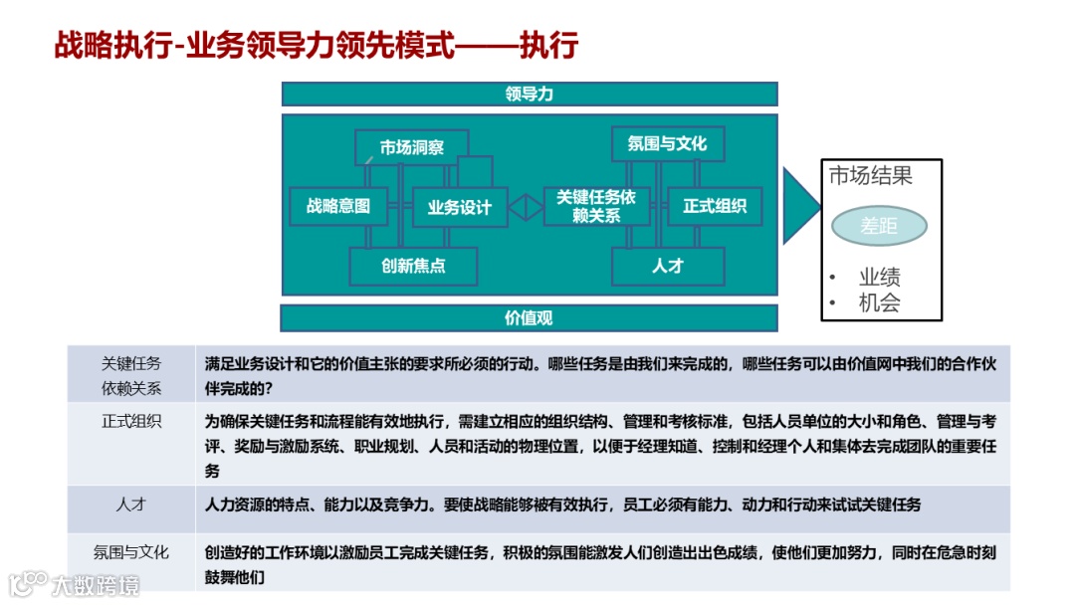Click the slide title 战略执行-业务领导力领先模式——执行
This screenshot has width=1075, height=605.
[316, 46]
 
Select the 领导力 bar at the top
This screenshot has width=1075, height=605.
[529, 94]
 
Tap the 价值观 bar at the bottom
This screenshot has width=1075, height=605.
[529, 318]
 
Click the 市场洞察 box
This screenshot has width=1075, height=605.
[411, 147]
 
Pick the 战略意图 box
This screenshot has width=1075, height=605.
[337, 206]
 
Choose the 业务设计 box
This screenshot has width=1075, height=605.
[459, 207]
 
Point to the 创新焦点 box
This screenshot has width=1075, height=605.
[413, 266]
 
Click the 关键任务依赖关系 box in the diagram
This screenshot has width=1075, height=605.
[596, 206]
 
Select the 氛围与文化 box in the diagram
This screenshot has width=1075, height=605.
[667, 143]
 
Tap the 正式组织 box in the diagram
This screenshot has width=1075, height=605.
[715, 206]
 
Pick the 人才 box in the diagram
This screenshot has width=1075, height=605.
[667, 266]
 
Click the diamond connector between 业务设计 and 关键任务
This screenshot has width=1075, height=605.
[526, 207]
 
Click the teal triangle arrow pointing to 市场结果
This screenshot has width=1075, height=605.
[799, 205]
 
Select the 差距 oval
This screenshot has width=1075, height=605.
[879, 226]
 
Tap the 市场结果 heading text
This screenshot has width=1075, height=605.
[871, 177]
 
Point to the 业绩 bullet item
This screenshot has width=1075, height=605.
[879, 278]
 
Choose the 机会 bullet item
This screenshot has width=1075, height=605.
[879, 303]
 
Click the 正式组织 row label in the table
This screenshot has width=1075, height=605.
[131, 421]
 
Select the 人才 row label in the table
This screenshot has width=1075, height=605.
[131, 504]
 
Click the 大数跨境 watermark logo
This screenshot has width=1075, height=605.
[75, 584]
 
